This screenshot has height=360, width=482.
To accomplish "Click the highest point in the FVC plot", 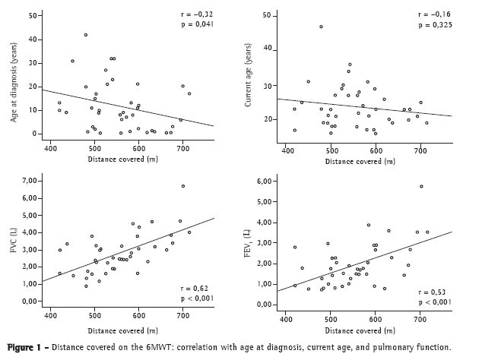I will [x=183, y=185].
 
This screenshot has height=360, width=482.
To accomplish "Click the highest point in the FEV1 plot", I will [x=421, y=186].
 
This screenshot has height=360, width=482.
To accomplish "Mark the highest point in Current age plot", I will [x=321, y=27].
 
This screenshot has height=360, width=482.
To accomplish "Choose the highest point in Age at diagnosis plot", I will [x=86, y=35].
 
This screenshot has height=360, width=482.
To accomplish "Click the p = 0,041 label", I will [x=201, y=25].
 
